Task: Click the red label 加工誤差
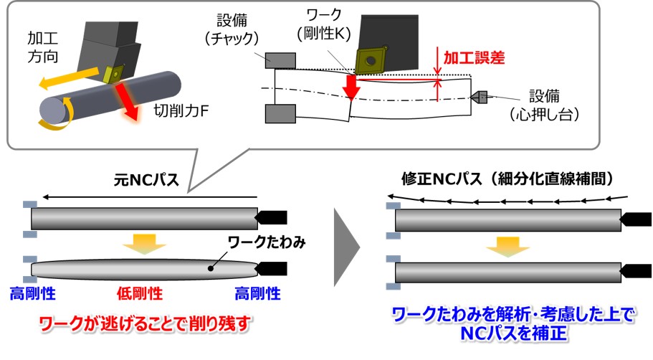click(475, 57)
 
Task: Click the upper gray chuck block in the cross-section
click(280, 60)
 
